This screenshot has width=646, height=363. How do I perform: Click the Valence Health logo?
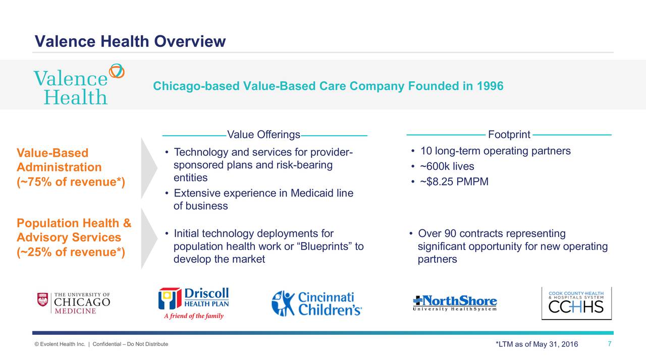tap(78, 85)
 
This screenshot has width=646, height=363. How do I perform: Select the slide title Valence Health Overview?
tap(130, 41)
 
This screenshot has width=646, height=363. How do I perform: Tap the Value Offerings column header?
tap(263, 135)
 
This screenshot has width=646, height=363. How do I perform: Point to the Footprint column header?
tap(509, 135)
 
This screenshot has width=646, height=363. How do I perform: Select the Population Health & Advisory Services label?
tap(74, 237)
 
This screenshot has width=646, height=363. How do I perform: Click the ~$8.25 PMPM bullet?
tap(454, 181)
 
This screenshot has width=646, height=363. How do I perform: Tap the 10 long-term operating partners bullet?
tap(495, 151)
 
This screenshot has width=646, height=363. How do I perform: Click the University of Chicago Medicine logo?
tap(74, 303)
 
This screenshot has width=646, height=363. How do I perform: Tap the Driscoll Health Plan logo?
tap(194, 303)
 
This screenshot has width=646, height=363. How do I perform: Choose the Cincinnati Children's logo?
tap(316, 303)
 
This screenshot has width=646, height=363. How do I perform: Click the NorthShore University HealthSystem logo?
tap(455, 303)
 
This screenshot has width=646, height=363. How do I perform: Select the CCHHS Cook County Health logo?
tap(576, 303)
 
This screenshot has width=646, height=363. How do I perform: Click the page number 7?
tap(610, 344)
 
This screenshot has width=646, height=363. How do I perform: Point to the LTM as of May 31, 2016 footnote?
tap(537, 344)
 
